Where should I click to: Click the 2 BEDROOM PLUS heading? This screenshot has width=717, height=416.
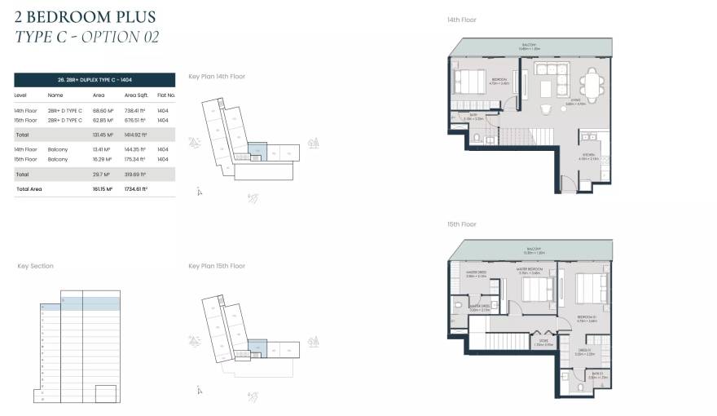click(x=86, y=16)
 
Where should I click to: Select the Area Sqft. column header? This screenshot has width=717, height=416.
click(x=135, y=95)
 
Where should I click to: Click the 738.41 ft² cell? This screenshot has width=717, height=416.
click(x=135, y=110)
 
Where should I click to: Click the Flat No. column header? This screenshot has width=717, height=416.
click(x=166, y=95)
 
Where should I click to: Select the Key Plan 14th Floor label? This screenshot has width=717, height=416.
click(x=217, y=77)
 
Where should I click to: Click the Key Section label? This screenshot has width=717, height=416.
click(x=36, y=266)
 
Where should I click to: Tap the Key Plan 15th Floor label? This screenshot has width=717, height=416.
click(x=217, y=266)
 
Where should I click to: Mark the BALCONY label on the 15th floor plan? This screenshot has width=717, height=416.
click(x=534, y=249)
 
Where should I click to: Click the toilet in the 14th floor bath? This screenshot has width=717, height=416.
click(x=477, y=139)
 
